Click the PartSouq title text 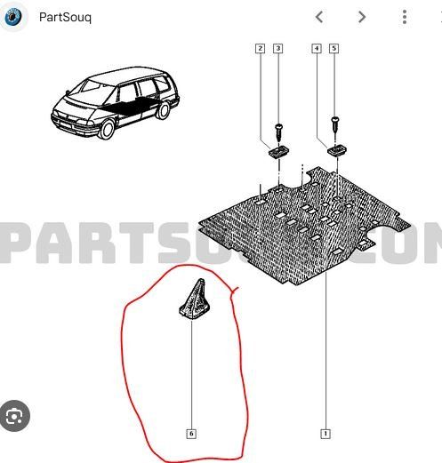[65, 17]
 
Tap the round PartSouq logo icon [13, 17]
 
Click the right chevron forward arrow [362, 17]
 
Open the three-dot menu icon [405, 17]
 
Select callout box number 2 [260, 49]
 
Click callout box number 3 [277, 49]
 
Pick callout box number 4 [317, 49]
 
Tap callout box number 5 [334, 49]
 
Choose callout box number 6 [191, 434]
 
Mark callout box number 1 [325, 434]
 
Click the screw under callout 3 [278, 132]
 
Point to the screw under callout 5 [335, 125]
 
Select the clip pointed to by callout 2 [278, 151]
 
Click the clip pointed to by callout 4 [337, 150]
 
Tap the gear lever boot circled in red [195, 299]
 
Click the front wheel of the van [106, 129]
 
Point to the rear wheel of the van [163, 110]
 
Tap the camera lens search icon [14, 416]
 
